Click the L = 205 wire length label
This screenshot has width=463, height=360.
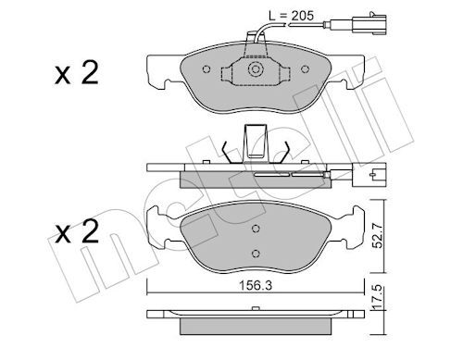click(292, 16)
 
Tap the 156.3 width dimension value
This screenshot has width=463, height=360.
click(256, 286)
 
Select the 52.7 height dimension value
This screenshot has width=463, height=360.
click(378, 236)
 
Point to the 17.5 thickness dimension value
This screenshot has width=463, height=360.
click(378, 298)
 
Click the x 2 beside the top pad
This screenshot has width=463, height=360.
click(77, 73)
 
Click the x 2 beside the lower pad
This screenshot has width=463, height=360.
click(77, 231)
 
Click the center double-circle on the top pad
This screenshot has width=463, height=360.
click(255, 69)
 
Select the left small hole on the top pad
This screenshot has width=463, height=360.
click(206, 69)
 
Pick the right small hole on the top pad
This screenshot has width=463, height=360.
click(306, 69)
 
